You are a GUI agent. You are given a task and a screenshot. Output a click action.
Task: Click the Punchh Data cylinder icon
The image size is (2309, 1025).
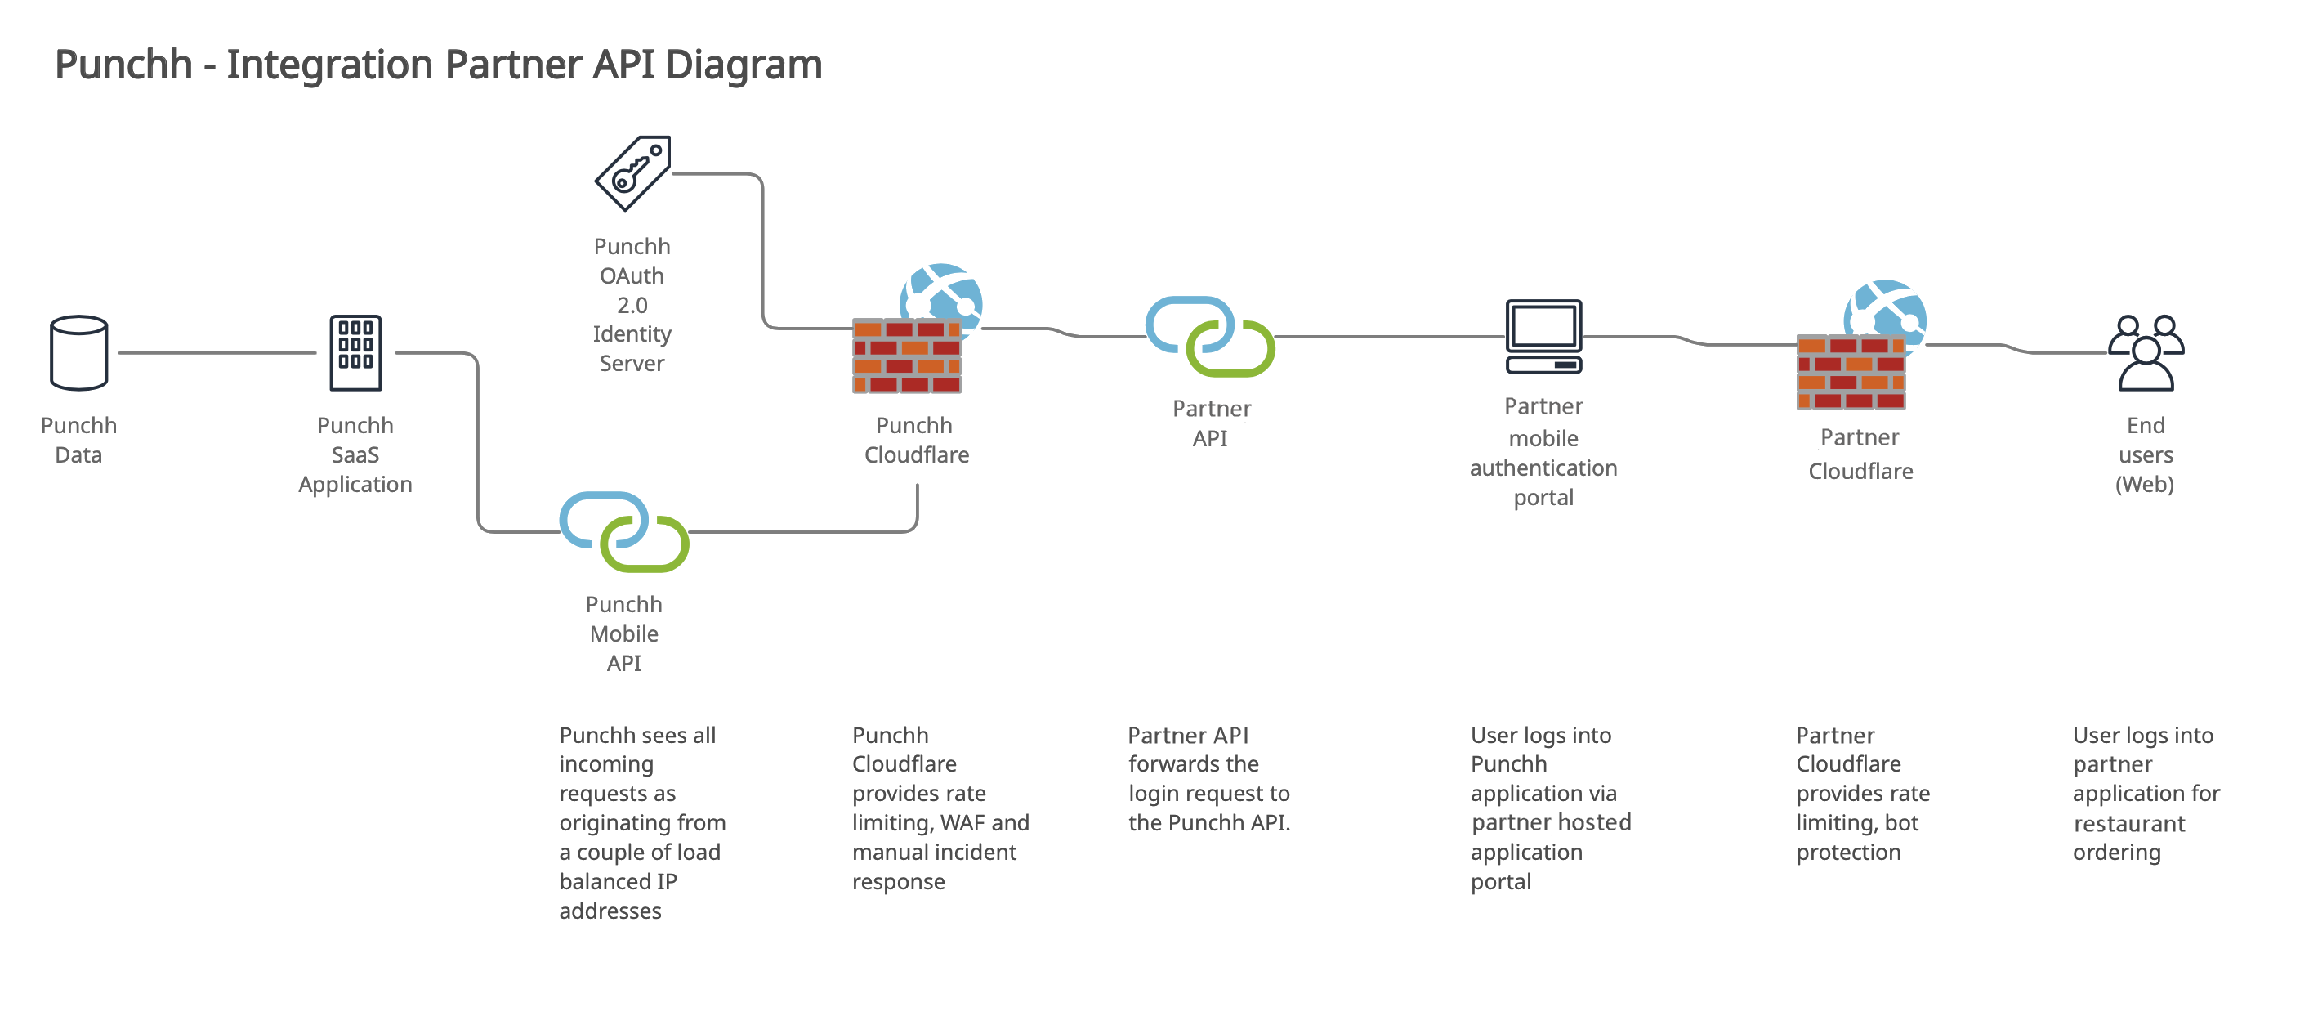click(x=79, y=352)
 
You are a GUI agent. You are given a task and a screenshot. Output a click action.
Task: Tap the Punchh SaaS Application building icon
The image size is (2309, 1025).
click(x=355, y=352)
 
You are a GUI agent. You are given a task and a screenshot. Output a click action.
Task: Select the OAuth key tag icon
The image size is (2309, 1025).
click(x=633, y=173)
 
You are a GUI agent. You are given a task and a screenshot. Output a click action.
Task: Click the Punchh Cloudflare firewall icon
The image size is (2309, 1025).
click(x=907, y=355)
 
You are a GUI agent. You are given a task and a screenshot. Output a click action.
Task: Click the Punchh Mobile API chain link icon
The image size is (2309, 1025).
click(x=624, y=532)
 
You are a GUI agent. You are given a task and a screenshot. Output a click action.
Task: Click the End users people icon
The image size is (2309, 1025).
click(x=2146, y=352)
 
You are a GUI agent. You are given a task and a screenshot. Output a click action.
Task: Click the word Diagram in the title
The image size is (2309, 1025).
click(x=743, y=65)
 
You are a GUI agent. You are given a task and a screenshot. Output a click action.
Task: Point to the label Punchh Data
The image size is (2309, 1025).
click(x=79, y=440)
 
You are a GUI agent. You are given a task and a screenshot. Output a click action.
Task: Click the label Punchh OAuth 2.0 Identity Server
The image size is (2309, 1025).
click(x=632, y=305)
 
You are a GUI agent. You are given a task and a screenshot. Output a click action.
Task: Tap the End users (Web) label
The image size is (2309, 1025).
click(x=2145, y=454)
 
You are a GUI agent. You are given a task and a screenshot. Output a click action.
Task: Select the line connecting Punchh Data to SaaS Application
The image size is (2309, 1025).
click(x=217, y=353)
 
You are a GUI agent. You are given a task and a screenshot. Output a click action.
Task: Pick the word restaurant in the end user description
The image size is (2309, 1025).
click(x=2128, y=824)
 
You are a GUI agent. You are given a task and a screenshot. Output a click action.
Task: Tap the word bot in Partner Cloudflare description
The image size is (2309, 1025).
click(x=1900, y=823)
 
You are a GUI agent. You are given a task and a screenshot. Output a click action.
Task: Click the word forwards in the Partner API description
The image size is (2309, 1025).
click(x=1193, y=764)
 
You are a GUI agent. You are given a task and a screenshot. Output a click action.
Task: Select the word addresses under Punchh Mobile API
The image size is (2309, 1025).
click(x=610, y=912)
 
